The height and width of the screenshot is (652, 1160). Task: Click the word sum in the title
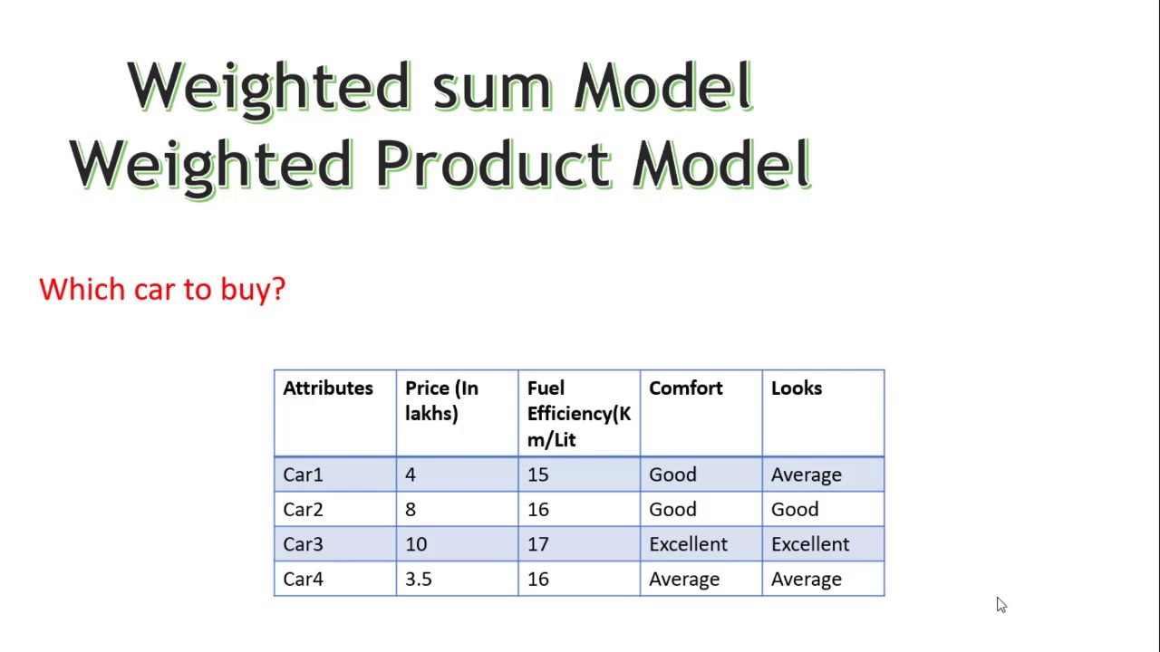(490, 87)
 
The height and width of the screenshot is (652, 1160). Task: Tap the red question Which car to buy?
(162, 289)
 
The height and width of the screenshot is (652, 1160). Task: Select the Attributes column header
(327, 388)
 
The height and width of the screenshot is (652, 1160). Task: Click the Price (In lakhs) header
(441, 400)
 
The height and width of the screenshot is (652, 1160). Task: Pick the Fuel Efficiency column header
(578, 413)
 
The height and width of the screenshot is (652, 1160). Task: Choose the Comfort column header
(685, 388)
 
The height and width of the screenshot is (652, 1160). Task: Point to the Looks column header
(796, 388)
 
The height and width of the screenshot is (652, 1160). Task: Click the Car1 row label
(303, 475)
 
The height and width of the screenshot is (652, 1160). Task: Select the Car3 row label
(303, 544)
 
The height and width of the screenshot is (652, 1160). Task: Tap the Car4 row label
(303, 579)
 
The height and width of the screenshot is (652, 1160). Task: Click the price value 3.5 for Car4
(418, 579)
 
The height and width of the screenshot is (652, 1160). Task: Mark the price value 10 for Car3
(415, 544)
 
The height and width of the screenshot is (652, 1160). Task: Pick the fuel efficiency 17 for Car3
(537, 544)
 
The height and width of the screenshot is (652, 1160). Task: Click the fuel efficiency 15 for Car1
(537, 475)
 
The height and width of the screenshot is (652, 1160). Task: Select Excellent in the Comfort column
(688, 544)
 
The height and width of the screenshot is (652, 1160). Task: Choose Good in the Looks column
(794, 510)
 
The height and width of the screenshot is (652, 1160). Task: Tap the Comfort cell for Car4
(683, 579)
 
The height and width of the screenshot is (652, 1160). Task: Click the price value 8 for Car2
(411, 510)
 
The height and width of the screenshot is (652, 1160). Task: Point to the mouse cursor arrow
(1000, 605)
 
